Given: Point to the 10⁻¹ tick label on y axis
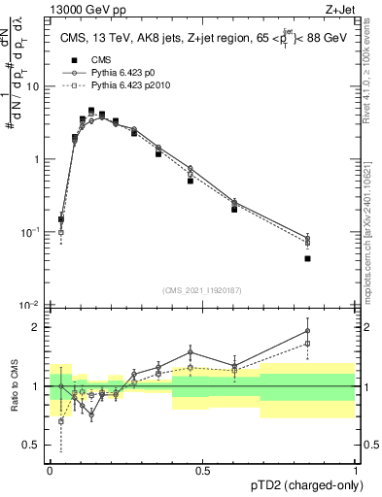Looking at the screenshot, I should point(31,233).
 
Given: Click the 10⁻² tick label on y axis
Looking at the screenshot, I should point(31,306).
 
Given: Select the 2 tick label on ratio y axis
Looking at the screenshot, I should point(37,327).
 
